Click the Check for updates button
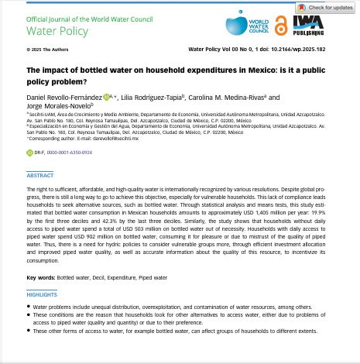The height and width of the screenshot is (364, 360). (324, 8)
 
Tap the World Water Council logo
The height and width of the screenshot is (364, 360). (246, 26)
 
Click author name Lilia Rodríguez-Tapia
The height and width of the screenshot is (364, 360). (152, 97)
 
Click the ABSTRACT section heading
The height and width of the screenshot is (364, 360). (40, 176)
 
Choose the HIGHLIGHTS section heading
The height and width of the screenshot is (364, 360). (43, 295)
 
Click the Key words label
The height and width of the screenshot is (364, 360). (40, 276)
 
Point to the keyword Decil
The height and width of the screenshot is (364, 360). (101, 276)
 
